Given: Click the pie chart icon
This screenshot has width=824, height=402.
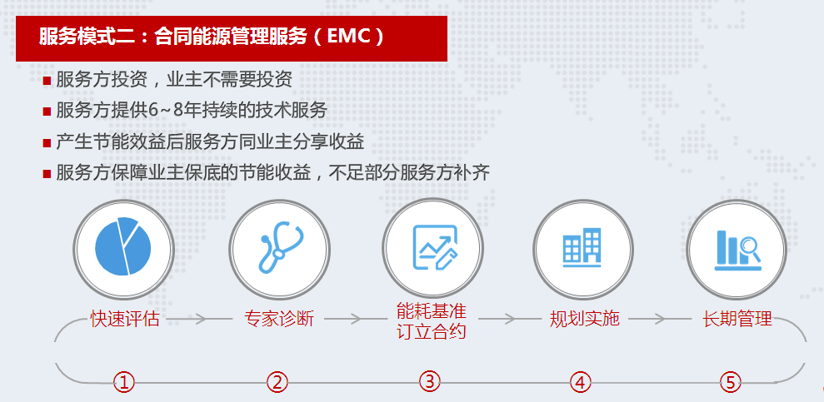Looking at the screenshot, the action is click(x=123, y=246).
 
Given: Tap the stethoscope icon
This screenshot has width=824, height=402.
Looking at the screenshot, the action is click(x=280, y=246).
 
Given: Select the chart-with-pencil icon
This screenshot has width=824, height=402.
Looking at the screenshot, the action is click(x=435, y=246).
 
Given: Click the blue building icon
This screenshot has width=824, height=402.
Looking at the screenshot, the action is click(x=582, y=247).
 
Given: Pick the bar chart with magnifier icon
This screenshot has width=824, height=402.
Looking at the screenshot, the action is click(x=738, y=251).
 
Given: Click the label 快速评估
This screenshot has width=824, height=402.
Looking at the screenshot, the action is click(x=125, y=318).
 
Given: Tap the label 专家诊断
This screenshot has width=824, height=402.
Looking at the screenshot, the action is click(x=279, y=318).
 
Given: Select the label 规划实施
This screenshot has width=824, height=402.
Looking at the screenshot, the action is click(x=584, y=318).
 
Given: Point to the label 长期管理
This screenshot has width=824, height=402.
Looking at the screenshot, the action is click(x=737, y=318).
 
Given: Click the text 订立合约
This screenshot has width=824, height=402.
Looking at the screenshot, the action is click(x=432, y=331).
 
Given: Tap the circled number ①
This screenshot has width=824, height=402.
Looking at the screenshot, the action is click(x=124, y=382).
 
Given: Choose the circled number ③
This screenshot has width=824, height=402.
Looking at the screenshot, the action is click(x=429, y=381).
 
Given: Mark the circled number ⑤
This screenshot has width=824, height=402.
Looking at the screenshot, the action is click(x=731, y=382).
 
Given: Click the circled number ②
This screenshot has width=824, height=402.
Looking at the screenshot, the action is click(x=277, y=382).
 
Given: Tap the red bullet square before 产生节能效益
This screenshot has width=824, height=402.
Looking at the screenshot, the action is click(x=47, y=143).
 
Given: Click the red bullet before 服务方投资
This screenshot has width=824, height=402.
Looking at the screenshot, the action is click(x=47, y=81).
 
